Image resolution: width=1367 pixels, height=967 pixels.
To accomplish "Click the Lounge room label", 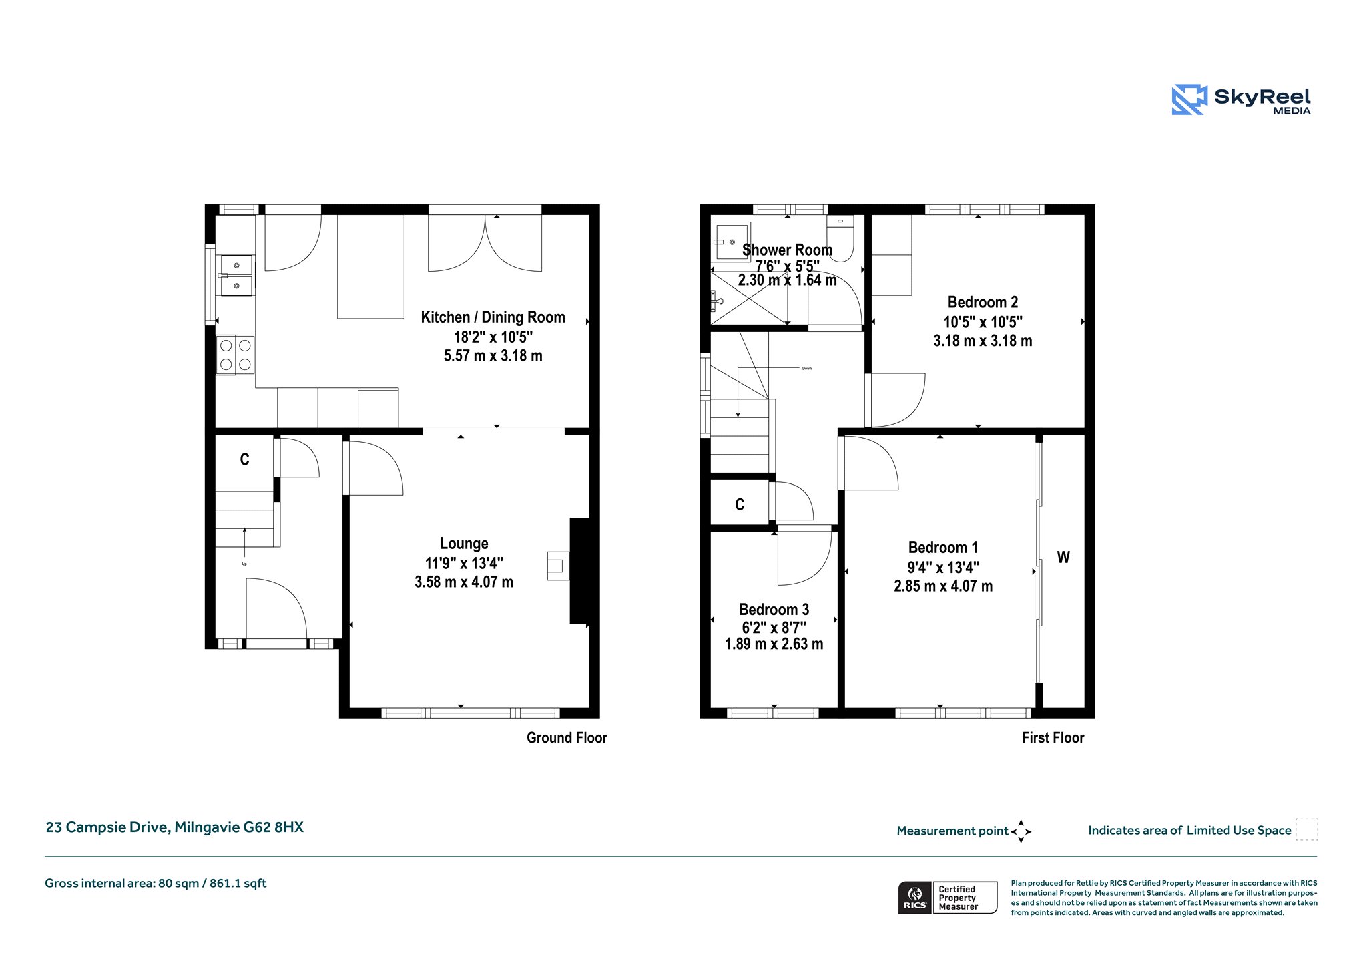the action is click(464, 544).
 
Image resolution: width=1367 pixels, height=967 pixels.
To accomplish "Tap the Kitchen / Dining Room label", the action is click(493, 317).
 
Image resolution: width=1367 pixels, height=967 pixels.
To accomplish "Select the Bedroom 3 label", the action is click(774, 610).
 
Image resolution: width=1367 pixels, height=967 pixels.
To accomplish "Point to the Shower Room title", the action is click(787, 250).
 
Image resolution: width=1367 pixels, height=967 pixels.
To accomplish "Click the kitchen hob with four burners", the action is click(235, 355).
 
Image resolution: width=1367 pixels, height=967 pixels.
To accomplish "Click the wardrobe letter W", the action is click(1063, 557).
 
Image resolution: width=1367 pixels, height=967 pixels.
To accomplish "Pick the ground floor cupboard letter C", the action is click(244, 459).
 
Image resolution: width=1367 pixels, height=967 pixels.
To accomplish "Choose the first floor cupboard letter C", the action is click(740, 504).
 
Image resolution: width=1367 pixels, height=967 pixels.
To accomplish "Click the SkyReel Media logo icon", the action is click(1189, 100).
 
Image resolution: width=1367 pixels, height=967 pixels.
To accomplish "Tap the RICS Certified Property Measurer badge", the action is click(948, 898).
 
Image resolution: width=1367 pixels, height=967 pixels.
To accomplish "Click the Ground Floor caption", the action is click(567, 738).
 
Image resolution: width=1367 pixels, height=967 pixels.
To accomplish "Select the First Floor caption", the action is click(1053, 738).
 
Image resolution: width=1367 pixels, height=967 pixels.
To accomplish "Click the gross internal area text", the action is click(156, 884).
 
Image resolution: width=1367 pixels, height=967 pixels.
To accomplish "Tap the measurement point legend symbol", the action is click(1021, 831).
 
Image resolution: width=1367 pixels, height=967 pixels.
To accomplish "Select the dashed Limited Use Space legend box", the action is click(1307, 829).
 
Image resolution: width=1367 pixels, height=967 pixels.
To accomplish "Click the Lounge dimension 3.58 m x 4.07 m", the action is click(464, 582).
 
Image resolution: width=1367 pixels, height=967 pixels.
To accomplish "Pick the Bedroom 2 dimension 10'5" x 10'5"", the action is click(983, 322).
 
